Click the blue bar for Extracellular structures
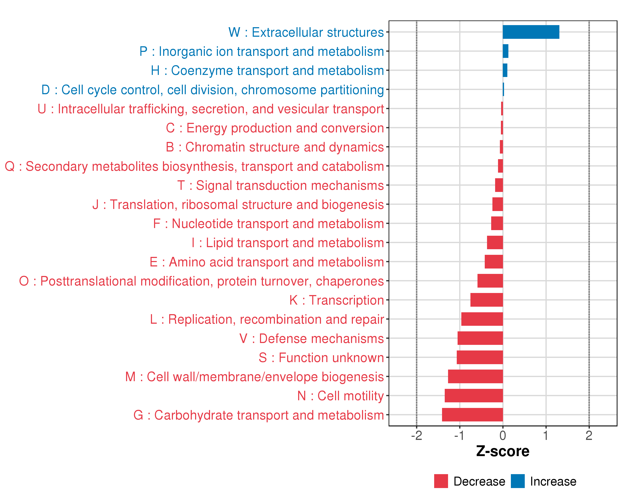(531, 32)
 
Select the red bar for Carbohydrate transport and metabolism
(472, 415)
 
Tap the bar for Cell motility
(474, 395)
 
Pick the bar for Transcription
(486, 300)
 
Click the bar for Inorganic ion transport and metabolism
(505, 51)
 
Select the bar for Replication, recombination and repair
(482, 319)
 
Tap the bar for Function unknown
(480, 357)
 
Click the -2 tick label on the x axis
(416, 436)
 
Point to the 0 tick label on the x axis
(503, 436)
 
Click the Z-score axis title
(503, 451)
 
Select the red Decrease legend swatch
(441, 481)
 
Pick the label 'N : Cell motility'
(340, 396)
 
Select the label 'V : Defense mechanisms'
(312, 338)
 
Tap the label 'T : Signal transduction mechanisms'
(281, 185)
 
